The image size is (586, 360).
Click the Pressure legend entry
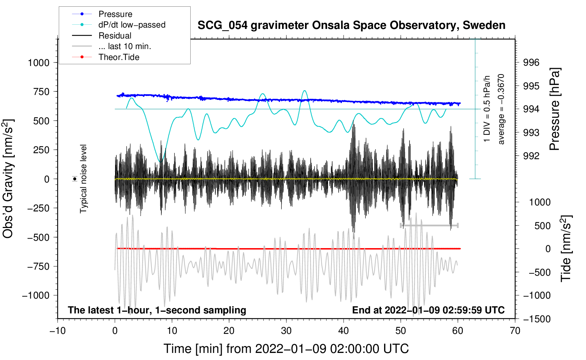(102, 14)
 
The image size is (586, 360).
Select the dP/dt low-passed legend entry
(119, 25)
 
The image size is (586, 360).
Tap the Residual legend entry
(102, 35)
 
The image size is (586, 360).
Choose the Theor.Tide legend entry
(106, 57)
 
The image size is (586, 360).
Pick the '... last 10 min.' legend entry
(112, 46)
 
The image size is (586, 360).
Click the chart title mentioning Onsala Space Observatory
(351, 25)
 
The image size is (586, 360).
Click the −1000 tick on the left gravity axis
(36, 295)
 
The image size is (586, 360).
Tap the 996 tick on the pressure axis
(531, 62)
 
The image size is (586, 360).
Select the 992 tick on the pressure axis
(531, 156)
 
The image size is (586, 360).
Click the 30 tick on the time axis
(286, 331)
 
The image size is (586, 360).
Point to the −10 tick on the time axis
(58, 331)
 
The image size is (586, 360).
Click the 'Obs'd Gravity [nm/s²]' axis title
(8, 179)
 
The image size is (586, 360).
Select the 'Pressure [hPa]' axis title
(555, 109)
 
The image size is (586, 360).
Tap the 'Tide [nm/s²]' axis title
(566, 248)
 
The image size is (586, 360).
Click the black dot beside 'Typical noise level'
(75, 179)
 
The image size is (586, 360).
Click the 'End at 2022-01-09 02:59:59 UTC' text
(428, 310)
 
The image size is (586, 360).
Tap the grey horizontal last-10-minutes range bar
(429, 225)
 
